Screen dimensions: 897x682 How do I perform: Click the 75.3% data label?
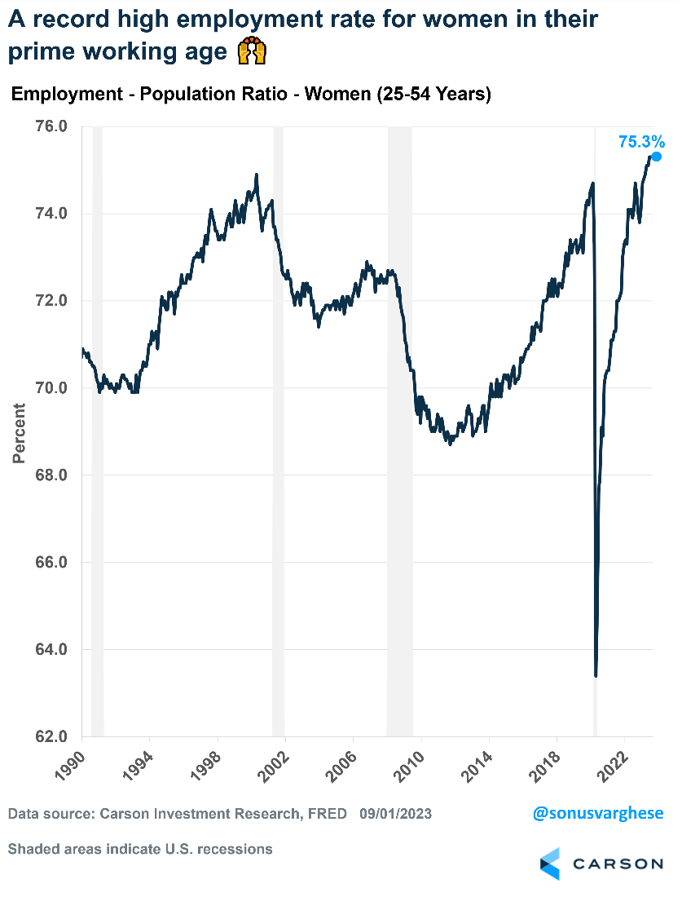point(641,142)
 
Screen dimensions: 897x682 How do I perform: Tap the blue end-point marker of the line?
point(656,157)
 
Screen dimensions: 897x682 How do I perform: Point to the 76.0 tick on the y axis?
point(51,127)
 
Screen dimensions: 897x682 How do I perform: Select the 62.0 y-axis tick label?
point(51,736)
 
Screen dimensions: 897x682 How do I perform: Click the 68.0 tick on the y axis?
point(51,475)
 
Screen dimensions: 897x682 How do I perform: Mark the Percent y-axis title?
point(19,433)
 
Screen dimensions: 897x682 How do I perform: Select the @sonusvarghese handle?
point(598,813)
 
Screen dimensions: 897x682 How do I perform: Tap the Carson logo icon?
point(551,864)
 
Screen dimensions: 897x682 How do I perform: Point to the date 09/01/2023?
point(395,814)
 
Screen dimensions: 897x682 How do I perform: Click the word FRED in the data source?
point(326,814)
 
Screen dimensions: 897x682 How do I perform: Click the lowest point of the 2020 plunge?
point(596,674)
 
